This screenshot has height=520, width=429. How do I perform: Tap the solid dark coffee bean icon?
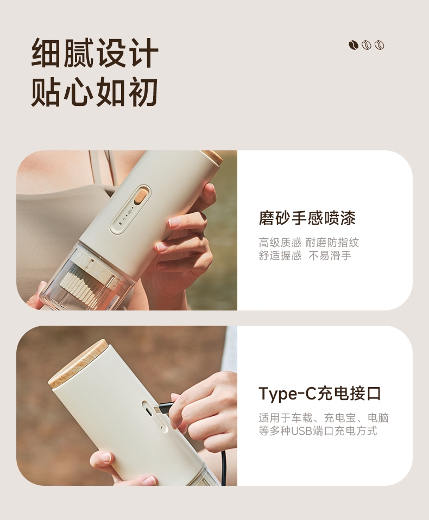[354, 45]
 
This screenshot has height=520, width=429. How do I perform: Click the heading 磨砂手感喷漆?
[307, 218]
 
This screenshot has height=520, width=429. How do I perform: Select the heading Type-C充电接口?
[320, 394]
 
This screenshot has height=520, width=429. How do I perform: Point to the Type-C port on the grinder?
[150, 412]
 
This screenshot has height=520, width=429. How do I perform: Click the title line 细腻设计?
[95, 53]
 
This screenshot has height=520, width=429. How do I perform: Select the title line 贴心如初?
[95, 92]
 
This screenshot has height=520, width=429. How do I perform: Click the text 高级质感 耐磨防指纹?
[308, 243]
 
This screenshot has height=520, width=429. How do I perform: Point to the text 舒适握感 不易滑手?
[305, 256]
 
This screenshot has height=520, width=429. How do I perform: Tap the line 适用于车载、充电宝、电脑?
[324, 418]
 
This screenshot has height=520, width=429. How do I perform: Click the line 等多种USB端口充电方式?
[318, 431]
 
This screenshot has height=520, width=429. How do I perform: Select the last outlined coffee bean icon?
[379, 45]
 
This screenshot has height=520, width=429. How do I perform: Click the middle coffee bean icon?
[367, 45]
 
